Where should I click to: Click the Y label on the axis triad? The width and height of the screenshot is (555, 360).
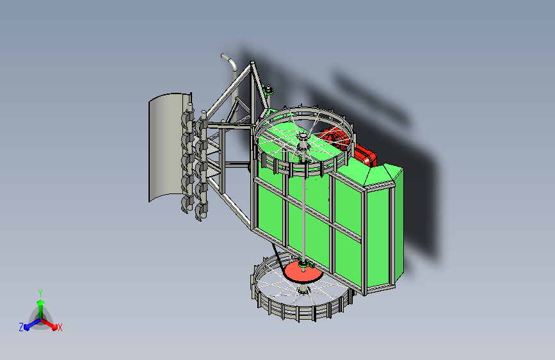40,293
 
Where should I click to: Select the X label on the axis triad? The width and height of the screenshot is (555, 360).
60,327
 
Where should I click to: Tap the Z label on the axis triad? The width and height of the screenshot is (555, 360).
21,327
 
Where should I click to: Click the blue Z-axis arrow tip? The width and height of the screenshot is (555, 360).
26,327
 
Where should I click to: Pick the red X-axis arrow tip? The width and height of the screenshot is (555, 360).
54,327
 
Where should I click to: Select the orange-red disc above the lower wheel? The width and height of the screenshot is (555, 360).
303,272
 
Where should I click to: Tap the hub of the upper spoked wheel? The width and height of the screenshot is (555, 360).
303,137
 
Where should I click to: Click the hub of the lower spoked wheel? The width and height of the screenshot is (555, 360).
303,290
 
